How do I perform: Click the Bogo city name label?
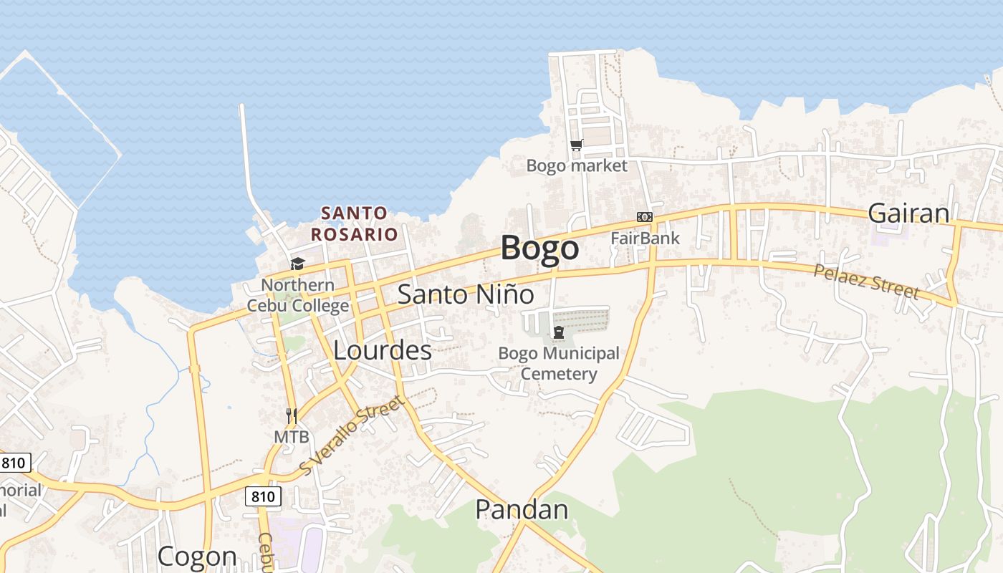pos(539,248)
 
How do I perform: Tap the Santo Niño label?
pos(466,294)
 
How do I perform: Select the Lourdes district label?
pos(383,350)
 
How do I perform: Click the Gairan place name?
pos(908,213)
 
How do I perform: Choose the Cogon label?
pos(197,557)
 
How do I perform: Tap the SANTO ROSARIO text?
pos(354,223)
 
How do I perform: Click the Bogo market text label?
pos(577,166)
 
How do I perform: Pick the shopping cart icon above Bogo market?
pos(577,145)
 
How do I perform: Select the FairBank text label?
pos(645,238)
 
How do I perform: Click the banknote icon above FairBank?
pos(645,217)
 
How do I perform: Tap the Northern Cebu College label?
pos(298,295)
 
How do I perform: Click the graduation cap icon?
pos(297,264)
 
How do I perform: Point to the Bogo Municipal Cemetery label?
pos(559,363)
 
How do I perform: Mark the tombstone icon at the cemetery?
pos(559,332)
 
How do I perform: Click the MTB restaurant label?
pos(292,437)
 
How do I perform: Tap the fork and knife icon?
pos(292,415)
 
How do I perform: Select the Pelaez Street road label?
pos(866,281)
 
